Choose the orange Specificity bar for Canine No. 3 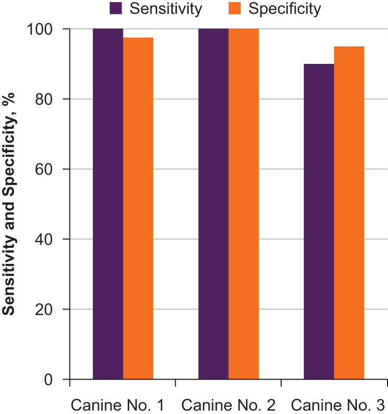349,212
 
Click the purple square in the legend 116,8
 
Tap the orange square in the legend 234,8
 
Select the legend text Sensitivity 166,8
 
